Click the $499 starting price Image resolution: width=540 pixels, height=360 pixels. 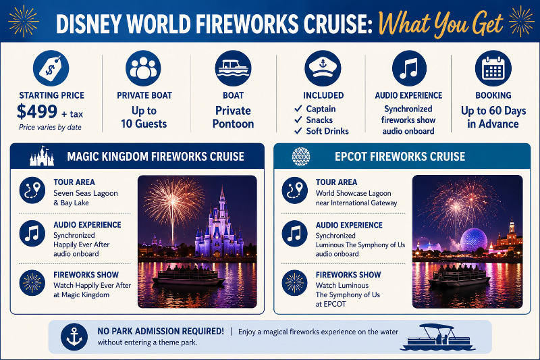37,111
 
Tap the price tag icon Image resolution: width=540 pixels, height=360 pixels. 51,68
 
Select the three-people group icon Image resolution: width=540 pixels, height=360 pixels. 143,68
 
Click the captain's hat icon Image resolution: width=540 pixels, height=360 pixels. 323,68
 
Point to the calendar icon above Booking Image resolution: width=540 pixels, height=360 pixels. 493,68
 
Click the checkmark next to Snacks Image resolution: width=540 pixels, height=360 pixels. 298,120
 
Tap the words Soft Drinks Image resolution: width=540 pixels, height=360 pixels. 327,131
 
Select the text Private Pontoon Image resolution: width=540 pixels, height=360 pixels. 233,117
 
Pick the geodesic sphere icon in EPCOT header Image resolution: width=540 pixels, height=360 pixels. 301,157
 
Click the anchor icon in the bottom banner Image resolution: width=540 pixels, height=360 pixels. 74,336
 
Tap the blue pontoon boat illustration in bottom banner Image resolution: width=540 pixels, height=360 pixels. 437,337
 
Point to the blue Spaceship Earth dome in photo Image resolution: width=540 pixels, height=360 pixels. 474,240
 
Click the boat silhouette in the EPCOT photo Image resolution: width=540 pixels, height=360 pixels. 459,276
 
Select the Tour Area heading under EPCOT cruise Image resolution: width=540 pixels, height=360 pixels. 336,182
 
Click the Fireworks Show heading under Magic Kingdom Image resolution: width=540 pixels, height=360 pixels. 86,275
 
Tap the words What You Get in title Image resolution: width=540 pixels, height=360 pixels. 441,24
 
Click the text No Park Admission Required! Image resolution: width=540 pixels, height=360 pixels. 161,331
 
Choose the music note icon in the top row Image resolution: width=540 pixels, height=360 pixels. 409,68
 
